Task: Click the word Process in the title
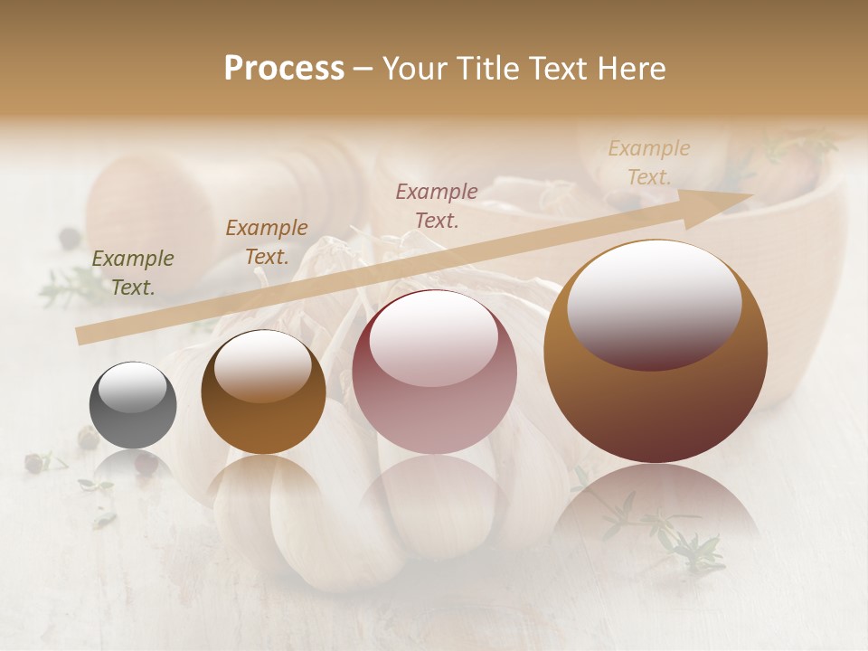284,69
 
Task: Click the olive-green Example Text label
133,273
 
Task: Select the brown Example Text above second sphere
267,241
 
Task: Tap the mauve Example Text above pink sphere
437,205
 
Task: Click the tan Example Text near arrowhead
649,162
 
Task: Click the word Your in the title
411,69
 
